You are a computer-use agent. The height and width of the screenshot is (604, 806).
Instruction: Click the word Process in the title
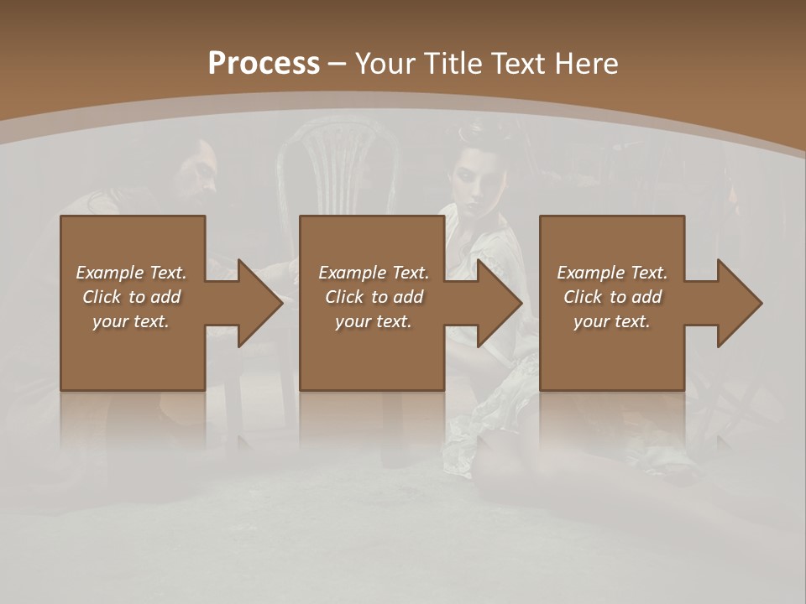pyautogui.click(x=264, y=63)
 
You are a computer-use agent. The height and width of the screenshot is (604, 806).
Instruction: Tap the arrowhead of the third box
pyautogui.click(x=738, y=303)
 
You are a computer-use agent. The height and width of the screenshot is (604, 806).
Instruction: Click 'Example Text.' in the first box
pyautogui.click(x=131, y=273)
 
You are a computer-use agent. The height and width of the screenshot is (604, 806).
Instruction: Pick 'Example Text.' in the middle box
pyautogui.click(x=374, y=273)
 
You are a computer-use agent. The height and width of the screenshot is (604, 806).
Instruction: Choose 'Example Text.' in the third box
pyautogui.click(x=612, y=273)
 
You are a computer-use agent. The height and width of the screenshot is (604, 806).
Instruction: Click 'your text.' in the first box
pyautogui.click(x=131, y=321)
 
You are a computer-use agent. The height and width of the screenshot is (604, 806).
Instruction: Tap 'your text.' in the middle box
pyautogui.click(x=374, y=321)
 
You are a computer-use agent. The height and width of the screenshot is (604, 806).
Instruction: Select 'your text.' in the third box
pyautogui.click(x=612, y=321)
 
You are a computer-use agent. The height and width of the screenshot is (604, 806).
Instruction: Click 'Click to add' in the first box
pyautogui.click(x=131, y=297)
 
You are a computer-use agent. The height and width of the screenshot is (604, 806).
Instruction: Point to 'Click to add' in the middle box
pyautogui.click(x=374, y=297)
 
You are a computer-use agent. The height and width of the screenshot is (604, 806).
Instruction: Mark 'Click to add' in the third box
pyautogui.click(x=612, y=297)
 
